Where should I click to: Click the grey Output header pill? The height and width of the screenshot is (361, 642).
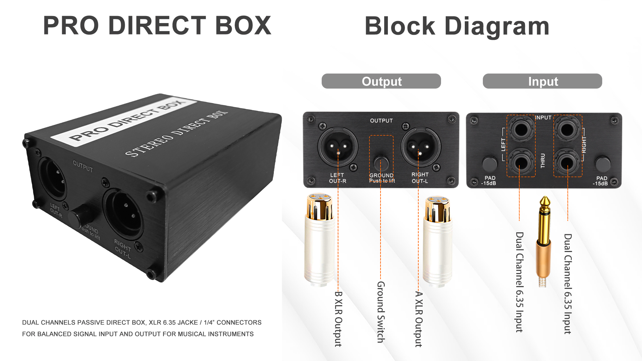(381, 81)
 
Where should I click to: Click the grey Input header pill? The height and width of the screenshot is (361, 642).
(542, 81)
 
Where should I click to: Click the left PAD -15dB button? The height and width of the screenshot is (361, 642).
(490, 164)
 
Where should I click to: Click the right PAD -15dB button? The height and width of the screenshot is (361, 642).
(603, 164)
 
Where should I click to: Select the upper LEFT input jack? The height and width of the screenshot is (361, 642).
(521, 129)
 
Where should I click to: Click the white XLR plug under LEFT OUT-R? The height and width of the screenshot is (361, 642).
(320, 241)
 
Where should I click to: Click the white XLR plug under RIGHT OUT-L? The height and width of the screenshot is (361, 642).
(437, 241)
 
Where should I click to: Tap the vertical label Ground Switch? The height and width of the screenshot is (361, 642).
(381, 312)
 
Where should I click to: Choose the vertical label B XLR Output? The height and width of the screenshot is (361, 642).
(338, 319)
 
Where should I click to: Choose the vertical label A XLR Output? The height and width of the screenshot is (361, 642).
(419, 319)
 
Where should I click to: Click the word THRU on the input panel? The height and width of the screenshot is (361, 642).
(543, 161)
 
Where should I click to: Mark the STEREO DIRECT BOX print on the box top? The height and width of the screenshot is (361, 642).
(176, 134)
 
